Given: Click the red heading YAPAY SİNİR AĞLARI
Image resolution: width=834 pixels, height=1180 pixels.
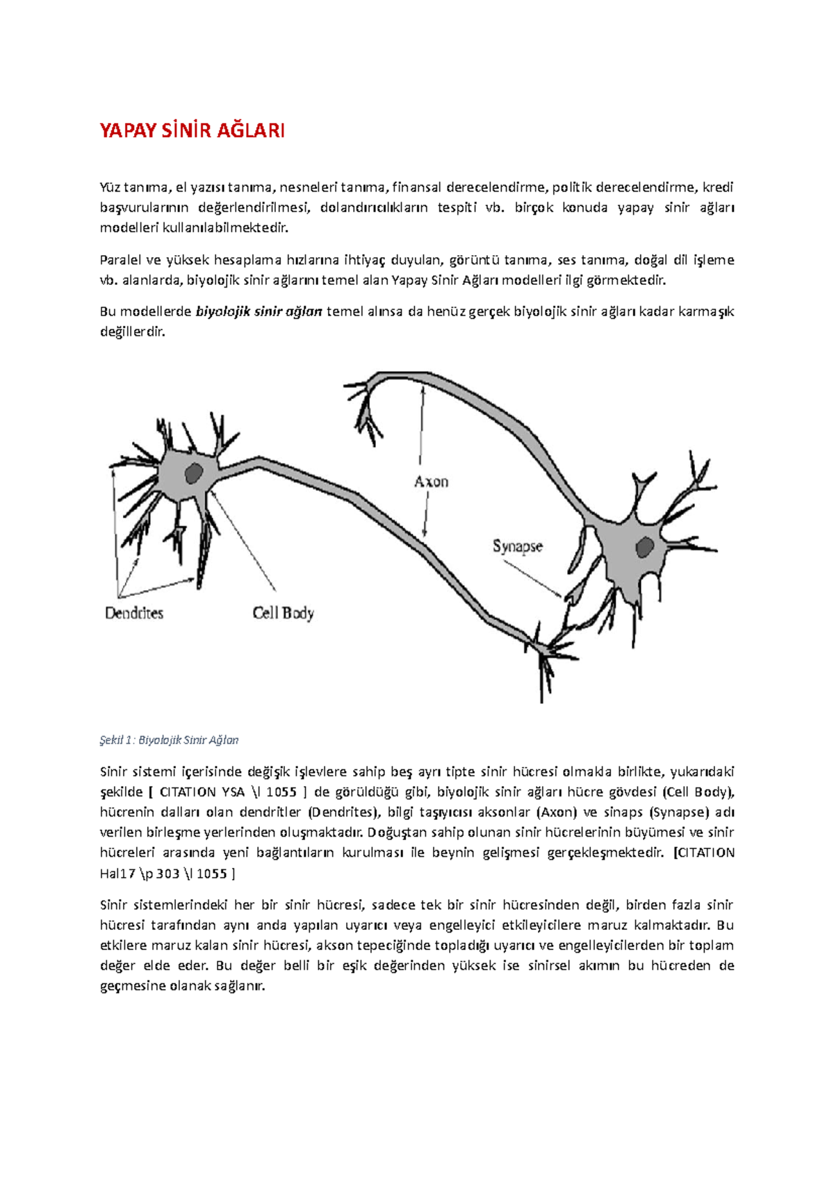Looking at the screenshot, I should click(192, 131).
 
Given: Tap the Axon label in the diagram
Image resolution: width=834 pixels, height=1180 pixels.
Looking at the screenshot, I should click(431, 482).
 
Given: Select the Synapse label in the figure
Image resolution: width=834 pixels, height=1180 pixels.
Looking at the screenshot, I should click(517, 546).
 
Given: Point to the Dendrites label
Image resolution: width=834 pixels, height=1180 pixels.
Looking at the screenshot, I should click(134, 613).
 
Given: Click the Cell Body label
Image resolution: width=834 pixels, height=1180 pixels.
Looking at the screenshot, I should click(283, 613).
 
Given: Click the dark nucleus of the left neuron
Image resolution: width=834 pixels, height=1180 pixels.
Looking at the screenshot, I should click(193, 473).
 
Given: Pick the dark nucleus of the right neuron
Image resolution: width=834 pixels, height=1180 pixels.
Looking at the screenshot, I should click(645, 547).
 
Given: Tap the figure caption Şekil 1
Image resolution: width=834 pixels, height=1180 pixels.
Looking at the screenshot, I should click(169, 740).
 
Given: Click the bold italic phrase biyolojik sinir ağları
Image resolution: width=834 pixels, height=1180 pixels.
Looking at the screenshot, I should click(259, 311).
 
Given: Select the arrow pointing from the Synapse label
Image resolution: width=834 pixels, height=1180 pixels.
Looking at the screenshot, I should click(532, 578).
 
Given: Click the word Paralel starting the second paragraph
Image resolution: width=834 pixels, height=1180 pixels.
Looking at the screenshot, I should click(120, 260).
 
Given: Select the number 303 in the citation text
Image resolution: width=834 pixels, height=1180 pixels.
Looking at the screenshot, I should click(167, 874).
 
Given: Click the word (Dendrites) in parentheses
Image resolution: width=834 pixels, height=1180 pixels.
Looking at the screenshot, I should click(343, 812).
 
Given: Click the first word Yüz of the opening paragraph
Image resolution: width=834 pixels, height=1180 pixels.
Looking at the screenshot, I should click(110, 187).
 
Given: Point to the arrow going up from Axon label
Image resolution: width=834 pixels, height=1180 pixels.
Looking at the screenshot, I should click(420, 424).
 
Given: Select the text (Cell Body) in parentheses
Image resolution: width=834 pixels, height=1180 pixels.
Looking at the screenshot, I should click(698, 792).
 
